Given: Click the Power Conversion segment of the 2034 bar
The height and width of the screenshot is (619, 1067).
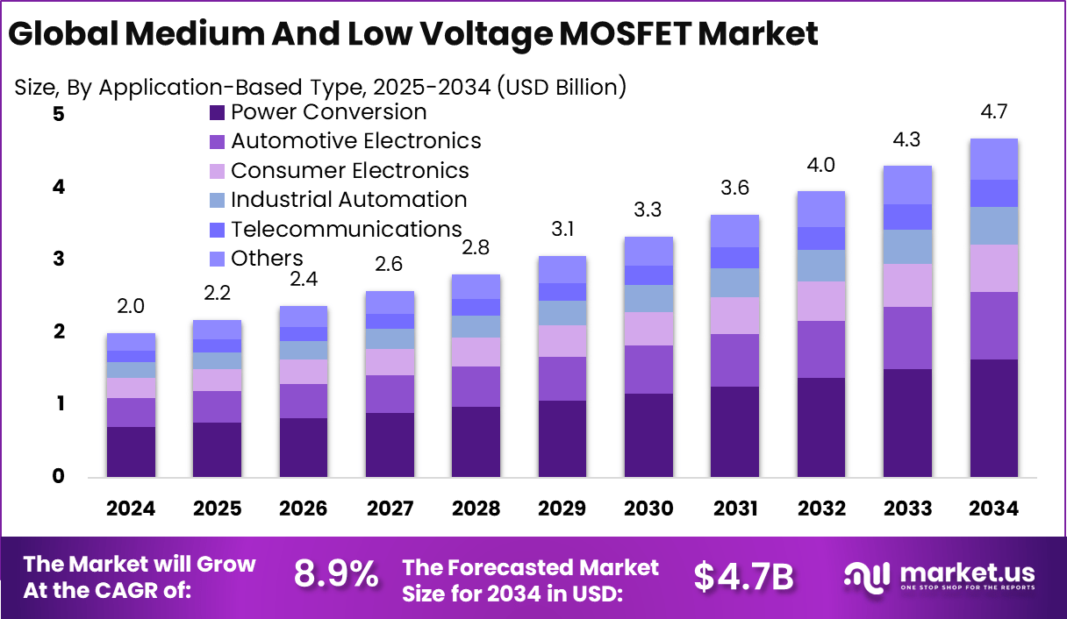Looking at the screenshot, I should tap(994, 418).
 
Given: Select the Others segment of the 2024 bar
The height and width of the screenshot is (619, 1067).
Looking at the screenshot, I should tap(131, 342).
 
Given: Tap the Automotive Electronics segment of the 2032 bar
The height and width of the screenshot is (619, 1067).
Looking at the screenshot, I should tap(820, 349).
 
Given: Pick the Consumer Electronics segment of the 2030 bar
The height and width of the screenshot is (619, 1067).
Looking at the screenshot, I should tap(648, 329).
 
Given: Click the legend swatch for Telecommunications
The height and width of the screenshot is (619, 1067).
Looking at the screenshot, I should tap(217, 230).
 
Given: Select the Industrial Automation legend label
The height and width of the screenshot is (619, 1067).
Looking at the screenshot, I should tap(348, 200).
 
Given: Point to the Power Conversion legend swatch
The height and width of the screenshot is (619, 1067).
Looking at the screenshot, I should tap(217, 112).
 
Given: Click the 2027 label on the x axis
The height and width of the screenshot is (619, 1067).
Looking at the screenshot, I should tap(390, 509).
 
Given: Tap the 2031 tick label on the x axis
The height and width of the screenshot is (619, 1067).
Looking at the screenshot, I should tap(735, 509).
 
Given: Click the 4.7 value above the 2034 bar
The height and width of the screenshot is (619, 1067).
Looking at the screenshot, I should tap(994, 111).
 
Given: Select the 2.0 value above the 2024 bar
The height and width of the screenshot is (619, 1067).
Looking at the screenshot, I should tap(131, 306).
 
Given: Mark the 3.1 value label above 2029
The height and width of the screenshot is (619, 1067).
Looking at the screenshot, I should tap(562, 229).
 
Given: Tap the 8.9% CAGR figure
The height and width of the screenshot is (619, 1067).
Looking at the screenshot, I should tap(336, 574).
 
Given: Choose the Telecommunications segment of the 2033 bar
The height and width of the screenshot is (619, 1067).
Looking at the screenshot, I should tap(907, 217).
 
